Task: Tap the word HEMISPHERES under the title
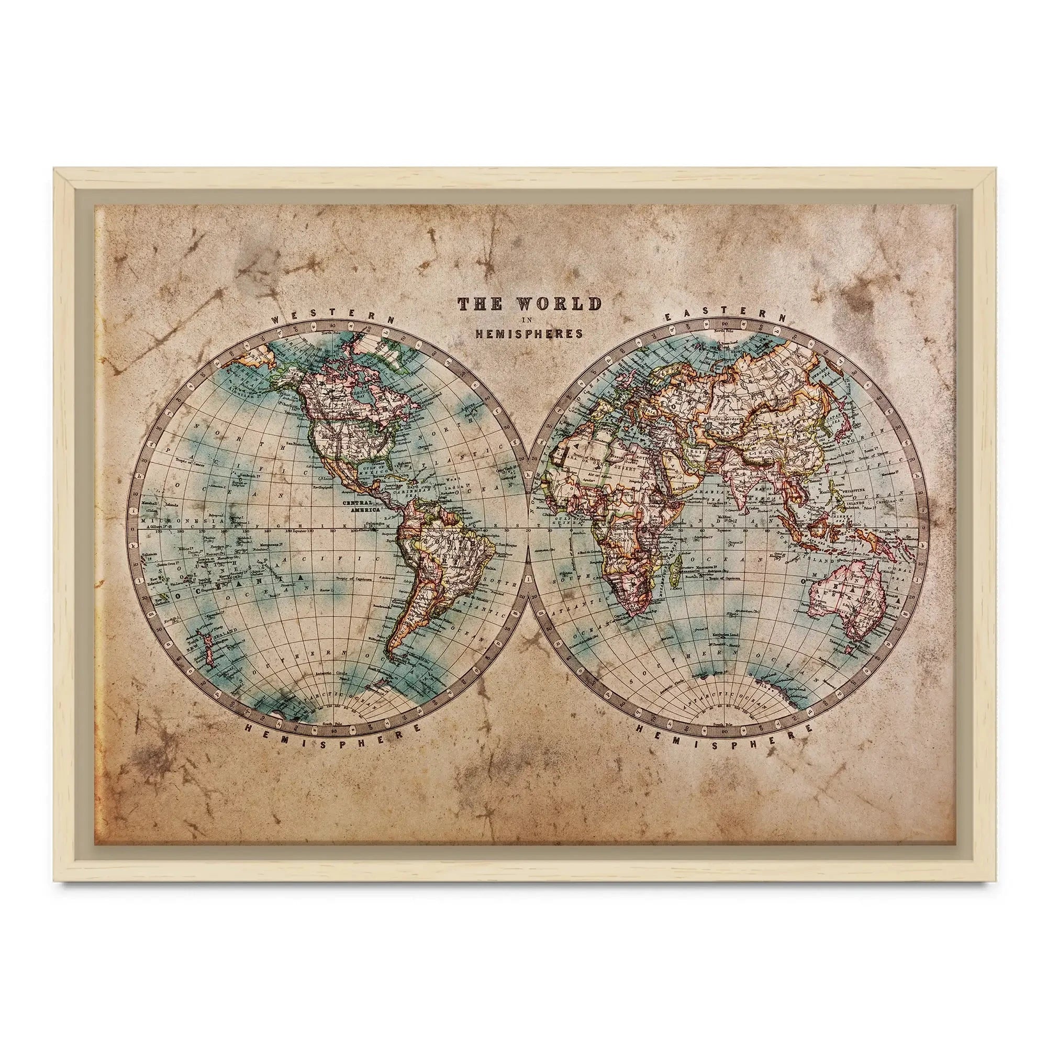[529, 334]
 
